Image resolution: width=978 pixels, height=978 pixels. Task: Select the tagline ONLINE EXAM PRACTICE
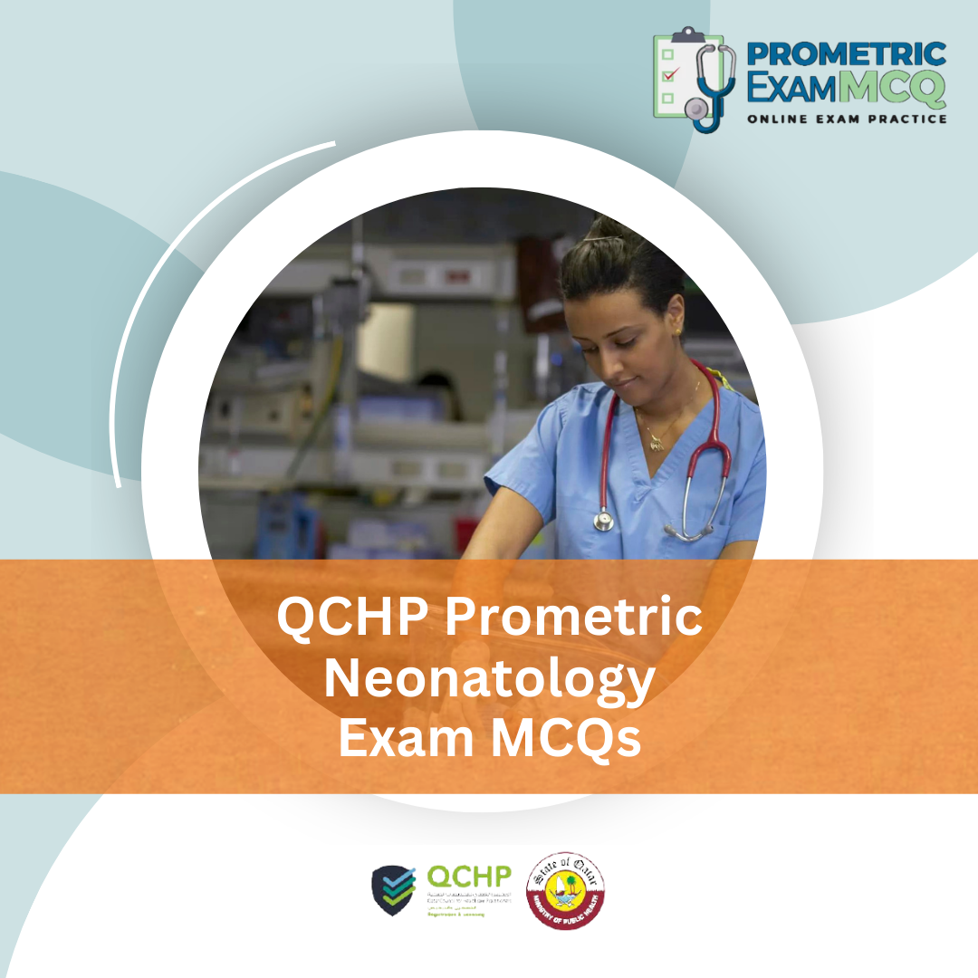(x=847, y=119)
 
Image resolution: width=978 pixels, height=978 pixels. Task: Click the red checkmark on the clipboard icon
(x=669, y=74)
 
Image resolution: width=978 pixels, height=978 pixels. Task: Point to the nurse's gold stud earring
(x=677, y=332)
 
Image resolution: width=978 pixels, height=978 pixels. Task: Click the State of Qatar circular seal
(x=566, y=890)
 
